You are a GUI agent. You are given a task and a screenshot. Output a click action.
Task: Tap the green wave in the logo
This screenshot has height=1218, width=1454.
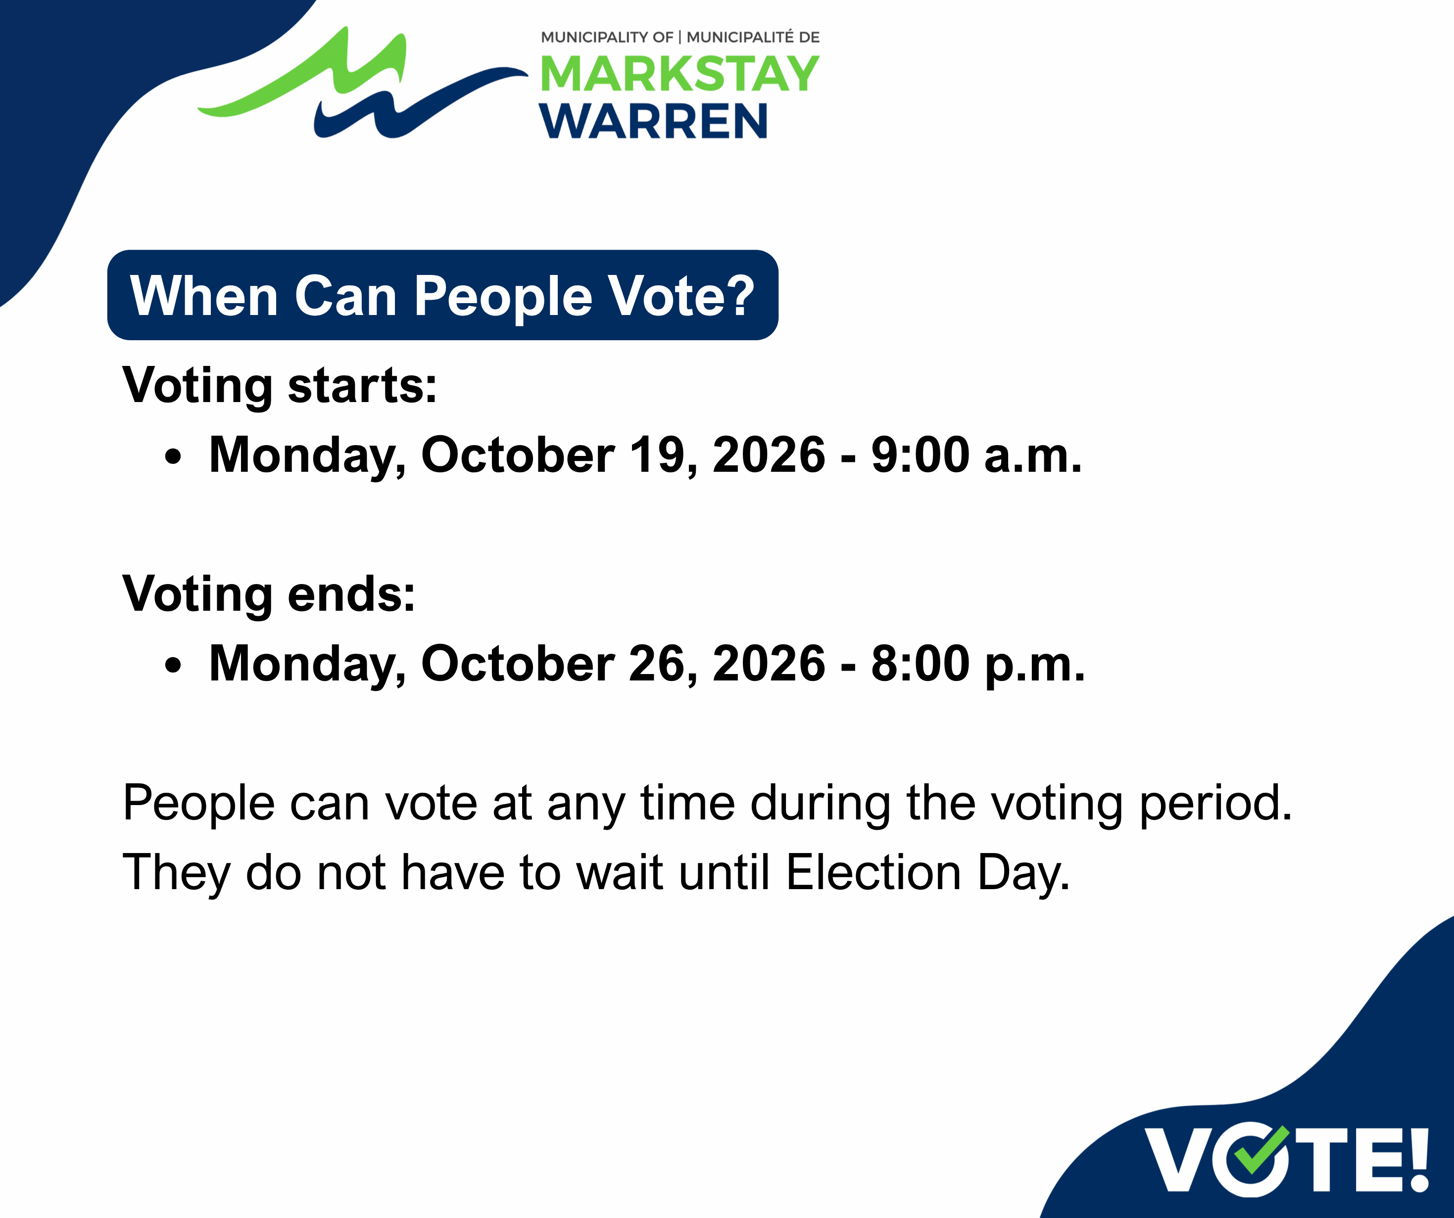click(x=302, y=76)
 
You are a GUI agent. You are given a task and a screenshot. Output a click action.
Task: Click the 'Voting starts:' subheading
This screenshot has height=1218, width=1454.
click(x=280, y=385)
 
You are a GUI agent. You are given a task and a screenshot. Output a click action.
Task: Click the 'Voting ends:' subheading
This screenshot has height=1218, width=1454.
click(x=269, y=594)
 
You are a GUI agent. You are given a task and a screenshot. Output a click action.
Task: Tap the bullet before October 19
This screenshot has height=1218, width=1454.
click(x=173, y=457)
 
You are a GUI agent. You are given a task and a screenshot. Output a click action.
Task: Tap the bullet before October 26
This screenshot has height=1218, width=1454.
click(x=173, y=665)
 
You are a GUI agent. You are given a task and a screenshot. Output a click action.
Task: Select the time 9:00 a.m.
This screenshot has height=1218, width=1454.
click(x=976, y=454)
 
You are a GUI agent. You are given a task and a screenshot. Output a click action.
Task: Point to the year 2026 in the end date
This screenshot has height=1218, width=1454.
click(x=769, y=663)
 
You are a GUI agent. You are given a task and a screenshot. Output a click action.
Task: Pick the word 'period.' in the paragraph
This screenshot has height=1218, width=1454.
click(x=1216, y=804)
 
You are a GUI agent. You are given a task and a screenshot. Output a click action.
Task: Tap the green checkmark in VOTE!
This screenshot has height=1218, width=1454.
click(x=1261, y=1151)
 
